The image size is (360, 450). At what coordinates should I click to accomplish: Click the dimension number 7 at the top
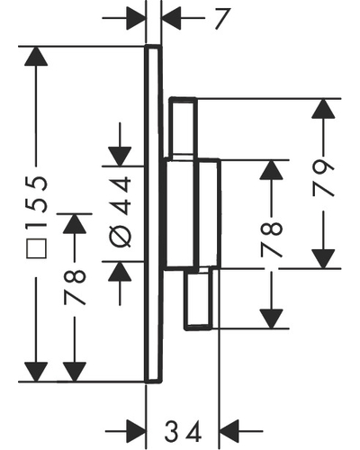222,19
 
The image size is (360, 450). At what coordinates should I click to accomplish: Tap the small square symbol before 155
36,248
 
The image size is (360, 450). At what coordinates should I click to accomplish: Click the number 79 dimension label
323,178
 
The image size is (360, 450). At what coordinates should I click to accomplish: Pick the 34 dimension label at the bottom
183,432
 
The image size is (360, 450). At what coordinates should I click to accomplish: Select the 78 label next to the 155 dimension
75,287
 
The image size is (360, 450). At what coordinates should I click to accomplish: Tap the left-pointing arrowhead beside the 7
171,18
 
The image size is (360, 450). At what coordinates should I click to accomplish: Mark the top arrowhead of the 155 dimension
36,56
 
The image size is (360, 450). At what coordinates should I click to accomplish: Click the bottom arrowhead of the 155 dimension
36,372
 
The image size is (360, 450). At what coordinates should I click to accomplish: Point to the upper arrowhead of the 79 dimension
323,108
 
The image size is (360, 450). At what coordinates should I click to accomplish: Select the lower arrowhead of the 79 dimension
323,258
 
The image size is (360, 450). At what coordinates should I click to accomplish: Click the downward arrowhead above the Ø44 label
120,157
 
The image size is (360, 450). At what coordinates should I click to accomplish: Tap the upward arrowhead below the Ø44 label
120,272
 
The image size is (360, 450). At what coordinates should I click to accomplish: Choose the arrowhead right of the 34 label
229,431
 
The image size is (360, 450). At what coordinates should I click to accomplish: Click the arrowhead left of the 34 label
137,431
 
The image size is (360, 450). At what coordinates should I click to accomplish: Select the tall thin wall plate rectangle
153,214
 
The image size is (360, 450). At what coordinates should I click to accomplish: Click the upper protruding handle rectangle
183,128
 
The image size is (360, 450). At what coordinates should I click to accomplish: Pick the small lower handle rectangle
199,299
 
